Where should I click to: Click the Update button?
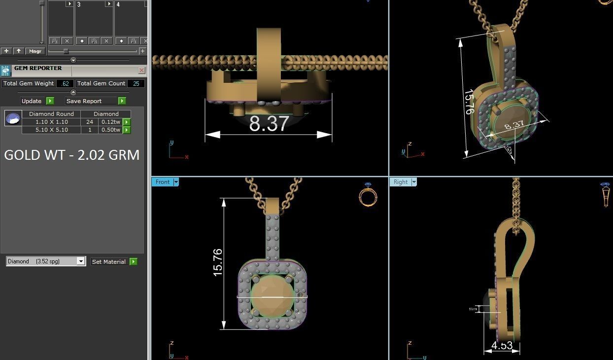pyautogui.click(x=32, y=101)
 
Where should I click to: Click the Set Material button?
pyautogui.click(x=109, y=262)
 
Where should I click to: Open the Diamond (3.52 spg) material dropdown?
pyautogui.click(x=81, y=262)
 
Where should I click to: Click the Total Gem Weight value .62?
pyautogui.click(x=65, y=84)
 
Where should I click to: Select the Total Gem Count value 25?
pyautogui.click(x=136, y=84)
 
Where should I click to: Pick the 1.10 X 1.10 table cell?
pyautogui.click(x=51, y=122)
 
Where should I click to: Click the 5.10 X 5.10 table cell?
pyautogui.click(x=51, y=130)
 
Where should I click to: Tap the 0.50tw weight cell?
pyautogui.click(x=110, y=130)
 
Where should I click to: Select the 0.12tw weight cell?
pyautogui.click(x=110, y=122)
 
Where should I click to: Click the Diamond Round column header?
pyautogui.click(x=51, y=114)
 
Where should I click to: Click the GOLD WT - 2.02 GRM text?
pyautogui.click(x=72, y=155)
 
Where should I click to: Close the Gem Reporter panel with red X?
pyautogui.click(x=141, y=71)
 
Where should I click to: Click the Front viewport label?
pyautogui.click(x=162, y=182)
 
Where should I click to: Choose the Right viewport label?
pyautogui.click(x=400, y=182)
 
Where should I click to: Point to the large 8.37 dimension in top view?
pyautogui.click(x=268, y=123)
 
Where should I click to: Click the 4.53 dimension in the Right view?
pyautogui.click(x=502, y=345)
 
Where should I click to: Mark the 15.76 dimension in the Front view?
pyautogui.click(x=218, y=262)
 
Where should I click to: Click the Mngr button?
pyautogui.click(x=35, y=51)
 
